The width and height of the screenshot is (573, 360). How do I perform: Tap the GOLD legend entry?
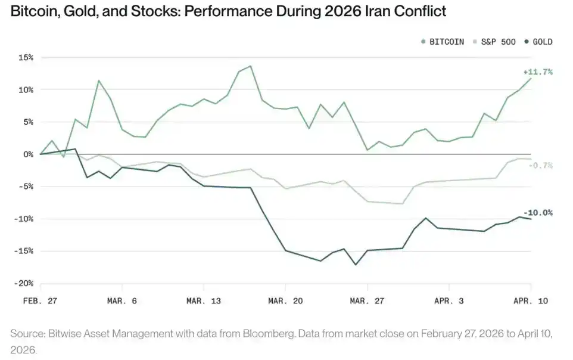(x=538, y=42)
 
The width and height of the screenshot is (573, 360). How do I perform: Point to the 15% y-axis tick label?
(x=26, y=58)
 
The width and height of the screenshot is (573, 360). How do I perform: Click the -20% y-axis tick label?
(x=24, y=283)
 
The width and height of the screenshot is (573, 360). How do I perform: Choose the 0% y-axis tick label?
(x=28, y=154)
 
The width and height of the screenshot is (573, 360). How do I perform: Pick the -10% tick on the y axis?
(x=24, y=219)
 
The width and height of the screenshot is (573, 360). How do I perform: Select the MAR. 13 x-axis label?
(x=204, y=301)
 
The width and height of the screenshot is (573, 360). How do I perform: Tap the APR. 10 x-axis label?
(x=531, y=301)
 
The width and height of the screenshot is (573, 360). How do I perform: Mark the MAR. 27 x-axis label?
(x=368, y=301)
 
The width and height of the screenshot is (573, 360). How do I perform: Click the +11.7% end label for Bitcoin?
(x=539, y=72)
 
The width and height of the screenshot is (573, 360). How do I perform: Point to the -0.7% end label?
(x=540, y=165)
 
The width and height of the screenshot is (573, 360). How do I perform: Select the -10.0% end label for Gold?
(x=538, y=213)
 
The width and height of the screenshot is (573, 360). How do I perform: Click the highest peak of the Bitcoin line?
(x=250, y=66)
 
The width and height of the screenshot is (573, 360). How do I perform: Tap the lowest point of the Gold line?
(x=356, y=265)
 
